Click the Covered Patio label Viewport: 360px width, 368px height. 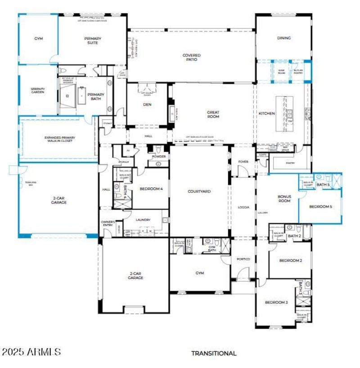pyautogui.click(x=191, y=58)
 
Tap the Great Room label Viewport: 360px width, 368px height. pyautogui.click(x=213, y=114)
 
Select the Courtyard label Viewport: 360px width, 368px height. pyautogui.click(x=199, y=191)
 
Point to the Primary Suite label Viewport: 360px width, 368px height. pyautogui.click(x=93, y=41)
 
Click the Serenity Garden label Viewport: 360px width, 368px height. pyautogui.click(x=38, y=91)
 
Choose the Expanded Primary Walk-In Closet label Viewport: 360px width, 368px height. pyautogui.click(x=58, y=139)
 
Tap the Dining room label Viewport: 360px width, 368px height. pyautogui.click(x=283, y=38)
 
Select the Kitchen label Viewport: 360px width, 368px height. pyautogui.click(x=266, y=114)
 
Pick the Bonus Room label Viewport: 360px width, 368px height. pyautogui.click(x=284, y=199)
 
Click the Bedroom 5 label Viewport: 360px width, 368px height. pyautogui.click(x=322, y=206)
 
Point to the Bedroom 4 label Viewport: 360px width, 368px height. pyautogui.click(x=151, y=189)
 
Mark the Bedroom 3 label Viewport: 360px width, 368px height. pyautogui.click(x=276, y=302)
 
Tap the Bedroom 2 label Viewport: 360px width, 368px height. pyautogui.click(x=290, y=261)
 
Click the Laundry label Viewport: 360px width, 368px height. pyautogui.click(x=143, y=220)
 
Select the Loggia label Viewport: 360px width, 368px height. pyautogui.click(x=243, y=208)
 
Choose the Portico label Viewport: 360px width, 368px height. pyautogui.click(x=243, y=259)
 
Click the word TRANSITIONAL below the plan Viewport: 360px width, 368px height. pyautogui.click(x=214, y=354)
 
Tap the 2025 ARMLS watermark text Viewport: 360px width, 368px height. pyautogui.click(x=31, y=352)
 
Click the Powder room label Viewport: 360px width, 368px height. pyautogui.click(x=159, y=156)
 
